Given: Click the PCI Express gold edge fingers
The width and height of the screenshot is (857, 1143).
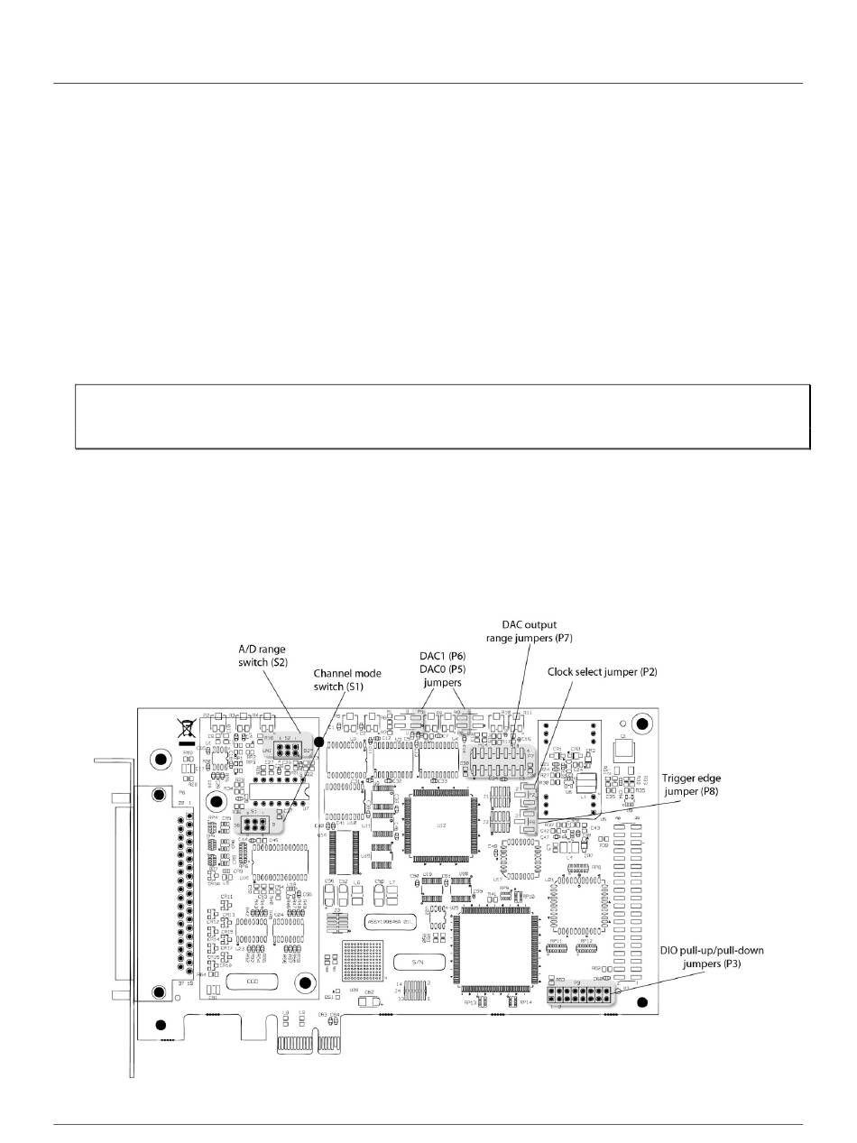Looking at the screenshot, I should click(x=303, y=1044).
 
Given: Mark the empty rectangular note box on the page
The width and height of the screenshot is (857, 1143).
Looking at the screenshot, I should click(x=443, y=416).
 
